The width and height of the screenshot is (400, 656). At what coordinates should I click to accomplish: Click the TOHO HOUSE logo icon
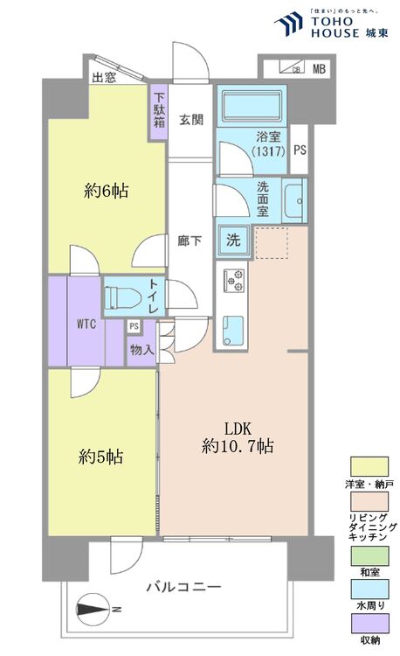click(x=288, y=24)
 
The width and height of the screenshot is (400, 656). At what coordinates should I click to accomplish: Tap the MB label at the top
click(x=319, y=68)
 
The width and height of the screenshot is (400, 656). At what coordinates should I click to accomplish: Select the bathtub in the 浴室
click(x=252, y=106)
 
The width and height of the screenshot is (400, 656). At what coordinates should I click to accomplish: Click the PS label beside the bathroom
click(x=300, y=150)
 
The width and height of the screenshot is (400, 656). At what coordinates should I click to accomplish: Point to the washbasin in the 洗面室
click(x=294, y=200)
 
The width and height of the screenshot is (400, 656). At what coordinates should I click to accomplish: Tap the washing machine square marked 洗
click(x=233, y=240)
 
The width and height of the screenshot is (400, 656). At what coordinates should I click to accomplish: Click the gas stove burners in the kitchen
click(x=234, y=281)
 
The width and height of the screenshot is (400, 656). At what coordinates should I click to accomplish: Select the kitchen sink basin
click(x=232, y=331)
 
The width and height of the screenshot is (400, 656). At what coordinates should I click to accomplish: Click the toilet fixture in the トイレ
click(x=122, y=297)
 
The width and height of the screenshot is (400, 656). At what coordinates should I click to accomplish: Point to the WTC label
click(x=86, y=324)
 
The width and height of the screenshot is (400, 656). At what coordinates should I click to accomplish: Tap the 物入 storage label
click(x=142, y=350)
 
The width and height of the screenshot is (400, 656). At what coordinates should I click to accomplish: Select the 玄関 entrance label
click(x=191, y=120)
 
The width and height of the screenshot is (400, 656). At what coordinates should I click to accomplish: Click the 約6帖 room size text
click(x=106, y=192)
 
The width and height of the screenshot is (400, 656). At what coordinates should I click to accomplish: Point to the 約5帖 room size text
click(x=100, y=457)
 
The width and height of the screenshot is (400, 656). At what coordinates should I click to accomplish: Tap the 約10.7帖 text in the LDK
click(x=238, y=446)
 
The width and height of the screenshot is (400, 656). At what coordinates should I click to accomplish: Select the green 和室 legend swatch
click(x=369, y=556)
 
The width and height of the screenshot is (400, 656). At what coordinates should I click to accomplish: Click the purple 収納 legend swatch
click(x=369, y=624)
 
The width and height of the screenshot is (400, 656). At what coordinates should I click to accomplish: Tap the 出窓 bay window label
click(x=104, y=77)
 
